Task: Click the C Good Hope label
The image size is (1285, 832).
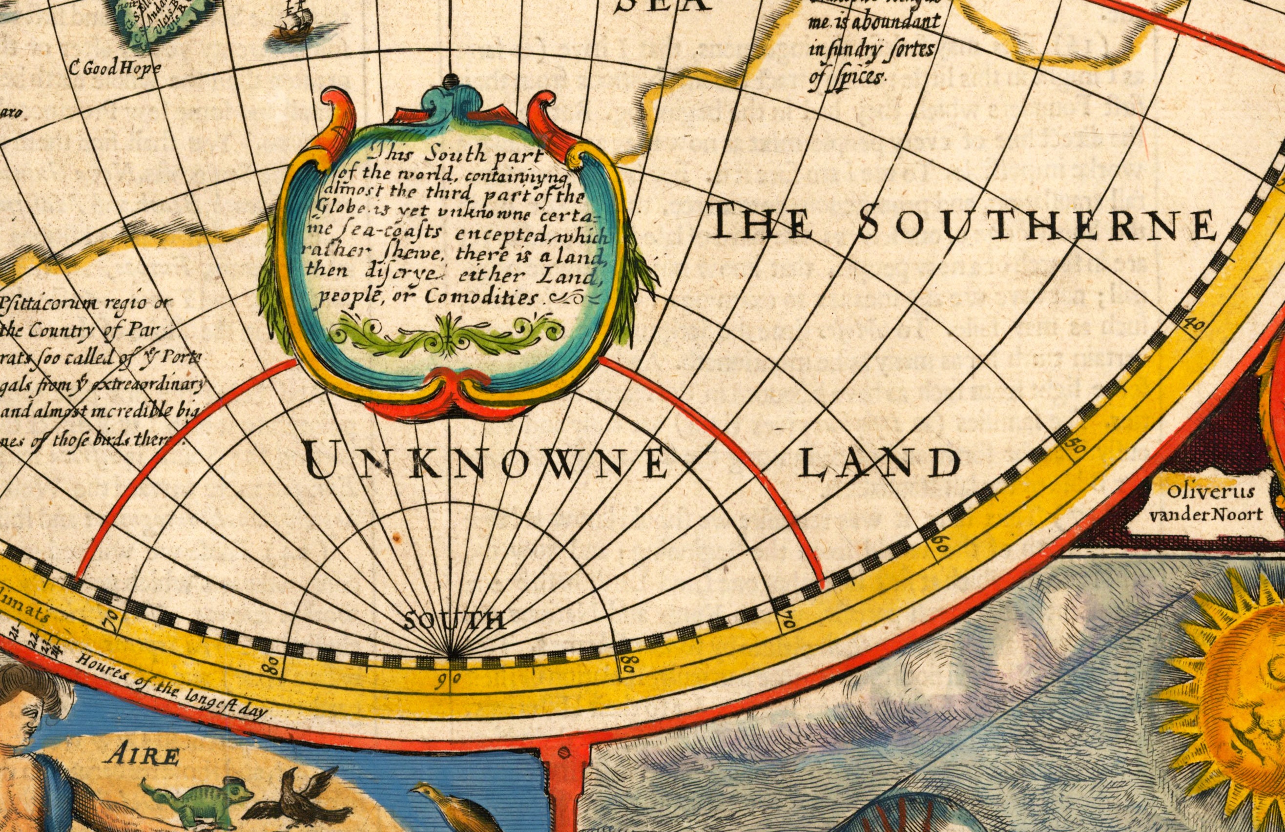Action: [x=116, y=68]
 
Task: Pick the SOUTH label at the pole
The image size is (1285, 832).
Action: [x=455, y=621]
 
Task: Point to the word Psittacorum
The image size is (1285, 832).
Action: [x=41, y=307]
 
